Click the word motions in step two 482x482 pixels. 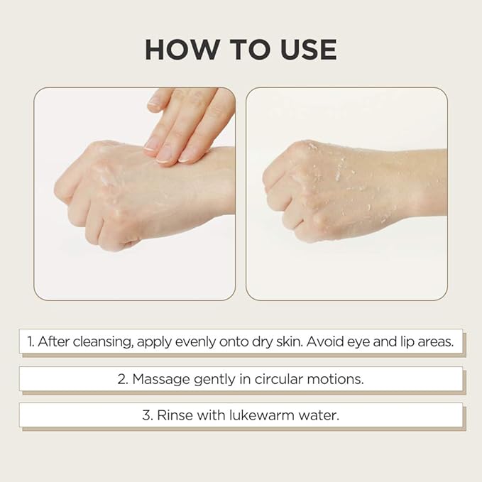338,379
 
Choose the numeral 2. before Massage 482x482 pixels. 123,379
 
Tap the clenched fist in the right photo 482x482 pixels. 312,188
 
